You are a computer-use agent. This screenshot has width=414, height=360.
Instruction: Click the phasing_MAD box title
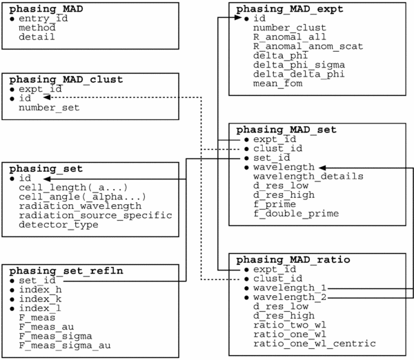(x=46, y=9)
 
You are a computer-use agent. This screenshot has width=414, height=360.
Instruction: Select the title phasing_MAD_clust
(x=66, y=79)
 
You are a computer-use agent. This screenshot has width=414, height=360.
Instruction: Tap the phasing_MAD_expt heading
(x=290, y=9)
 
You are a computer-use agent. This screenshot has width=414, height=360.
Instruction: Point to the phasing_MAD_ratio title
(x=293, y=260)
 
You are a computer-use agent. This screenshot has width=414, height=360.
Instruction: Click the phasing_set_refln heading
(x=66, y=271)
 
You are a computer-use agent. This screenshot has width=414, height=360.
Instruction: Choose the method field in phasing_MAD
(x=37, y=28)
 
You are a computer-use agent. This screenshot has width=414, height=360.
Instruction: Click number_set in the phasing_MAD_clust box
(x=49, y=108)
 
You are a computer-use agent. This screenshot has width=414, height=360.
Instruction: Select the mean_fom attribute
(x=278, y=83)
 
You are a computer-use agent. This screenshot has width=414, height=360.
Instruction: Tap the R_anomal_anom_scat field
(x=308, y=46)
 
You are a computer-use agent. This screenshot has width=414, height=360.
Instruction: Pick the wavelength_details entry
(x=308, y=177)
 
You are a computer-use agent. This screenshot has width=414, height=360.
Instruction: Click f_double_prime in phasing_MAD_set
(x=296, y=213)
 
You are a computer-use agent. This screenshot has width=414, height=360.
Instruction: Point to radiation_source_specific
(x=95, y=215)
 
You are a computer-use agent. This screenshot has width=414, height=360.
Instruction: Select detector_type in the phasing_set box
(x=59, y=225)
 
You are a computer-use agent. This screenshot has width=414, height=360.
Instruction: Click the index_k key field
(x=40, y=299)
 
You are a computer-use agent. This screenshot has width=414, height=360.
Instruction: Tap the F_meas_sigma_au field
(x=65, y=346)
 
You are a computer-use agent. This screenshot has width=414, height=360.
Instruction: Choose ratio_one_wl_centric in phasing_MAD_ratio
(x=315, y=343)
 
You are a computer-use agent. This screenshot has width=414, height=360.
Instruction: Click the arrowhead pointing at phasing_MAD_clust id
(x=47, y=97)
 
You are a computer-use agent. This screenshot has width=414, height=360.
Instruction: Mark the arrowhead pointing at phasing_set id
(x=47, y=179)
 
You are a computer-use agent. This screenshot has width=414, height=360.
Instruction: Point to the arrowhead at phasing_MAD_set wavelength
(x=323, y=168)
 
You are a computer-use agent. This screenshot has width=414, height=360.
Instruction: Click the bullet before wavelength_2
(x=246, y=298)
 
